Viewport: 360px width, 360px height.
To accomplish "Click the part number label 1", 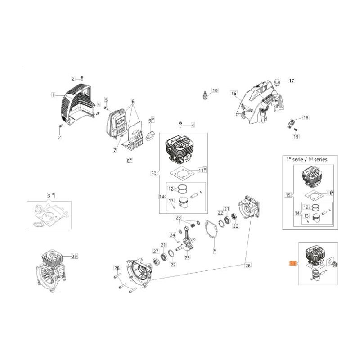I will pos(53,95).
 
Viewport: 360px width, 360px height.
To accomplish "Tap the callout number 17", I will pos(291,81).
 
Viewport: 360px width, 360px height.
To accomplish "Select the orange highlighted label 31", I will pos(292,264).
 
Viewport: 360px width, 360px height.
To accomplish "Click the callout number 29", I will pos(74,256).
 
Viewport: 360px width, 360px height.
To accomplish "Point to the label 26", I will pos(248,265).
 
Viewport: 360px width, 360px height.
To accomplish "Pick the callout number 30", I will pos(153,173).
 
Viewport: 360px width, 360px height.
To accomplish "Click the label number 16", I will pos(234,94).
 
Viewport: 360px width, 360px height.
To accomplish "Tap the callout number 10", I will pos(215,90).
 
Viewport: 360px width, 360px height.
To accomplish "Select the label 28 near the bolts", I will pos(117,269).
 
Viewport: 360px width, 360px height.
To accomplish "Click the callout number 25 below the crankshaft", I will pos(187,258).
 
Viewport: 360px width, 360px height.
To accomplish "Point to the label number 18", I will pos(306,117).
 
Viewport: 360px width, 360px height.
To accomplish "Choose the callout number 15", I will pos(288,195).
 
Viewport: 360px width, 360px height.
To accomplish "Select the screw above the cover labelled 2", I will pos(81,78).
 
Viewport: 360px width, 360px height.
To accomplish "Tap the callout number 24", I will pos(172,235).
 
